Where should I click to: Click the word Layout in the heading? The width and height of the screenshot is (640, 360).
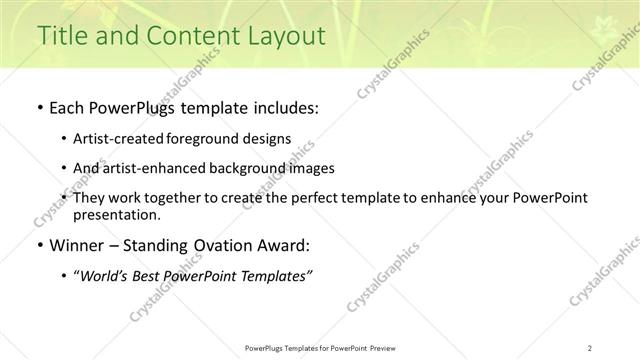(288, 36)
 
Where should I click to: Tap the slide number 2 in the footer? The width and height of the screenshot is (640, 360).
(590, 347)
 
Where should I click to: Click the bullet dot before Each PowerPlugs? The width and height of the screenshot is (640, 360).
(39, 108)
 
